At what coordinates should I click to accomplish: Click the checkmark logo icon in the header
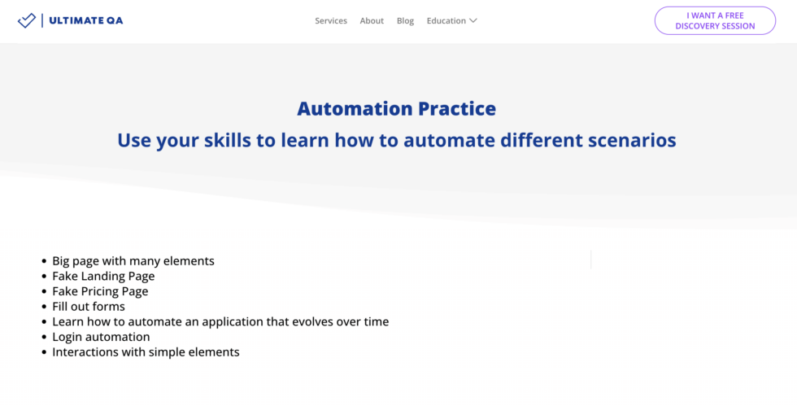[27, 20]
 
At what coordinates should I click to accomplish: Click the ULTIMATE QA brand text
[85, 20]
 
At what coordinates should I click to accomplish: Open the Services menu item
[331, 21]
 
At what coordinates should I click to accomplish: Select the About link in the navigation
[372, 21]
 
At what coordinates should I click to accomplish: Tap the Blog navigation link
[405, 21]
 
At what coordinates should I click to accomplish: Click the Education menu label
[446, 21]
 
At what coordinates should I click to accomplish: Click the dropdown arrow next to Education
[473, 21]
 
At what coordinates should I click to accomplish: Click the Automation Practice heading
[396, 108]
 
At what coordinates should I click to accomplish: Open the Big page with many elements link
[133, 261]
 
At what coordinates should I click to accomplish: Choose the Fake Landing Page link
[103, 277]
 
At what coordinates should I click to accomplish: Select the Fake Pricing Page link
[100, 291]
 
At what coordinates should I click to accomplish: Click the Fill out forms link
[89, 307]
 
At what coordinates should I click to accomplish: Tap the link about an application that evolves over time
[220, 321]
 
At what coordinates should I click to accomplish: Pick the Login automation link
[101, 337]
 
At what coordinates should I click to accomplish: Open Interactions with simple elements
[146, 352]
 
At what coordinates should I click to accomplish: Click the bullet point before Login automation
[44, 338]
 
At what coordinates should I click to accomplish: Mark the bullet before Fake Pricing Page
[44, 292]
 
